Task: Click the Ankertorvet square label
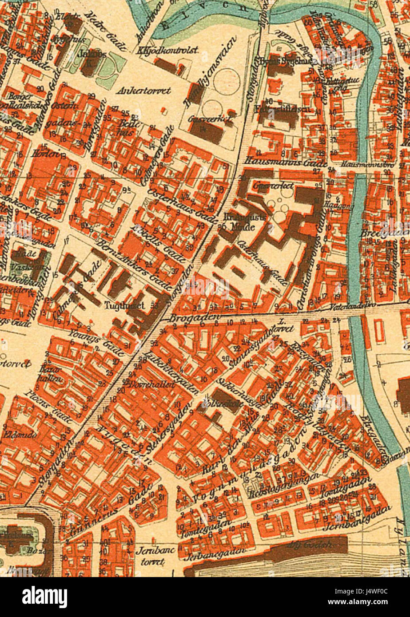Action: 143,91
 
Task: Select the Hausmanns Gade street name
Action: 286,163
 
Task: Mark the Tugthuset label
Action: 120,305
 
